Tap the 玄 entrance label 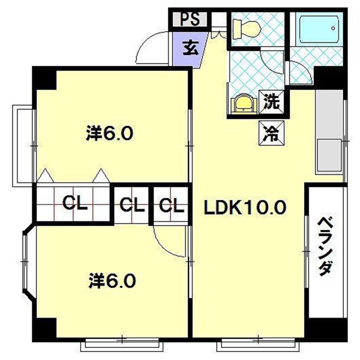pyautogui.click(x=190, y=49)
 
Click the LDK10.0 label pyautogui.click(x=245, y=208)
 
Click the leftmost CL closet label pyautogui.click(x=75, y=203)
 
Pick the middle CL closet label pyautogui.click(x=132, y=205)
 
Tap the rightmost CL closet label pyautogui.click(x=171, y=205)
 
